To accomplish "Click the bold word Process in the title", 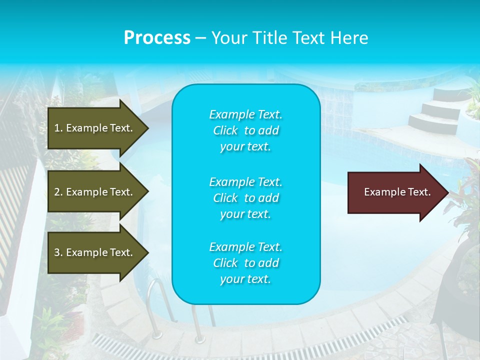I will click(x=157, y=38).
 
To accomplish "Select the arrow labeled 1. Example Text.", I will click(x=95, y=128).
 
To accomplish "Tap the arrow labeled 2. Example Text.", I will click(x=95, y=192).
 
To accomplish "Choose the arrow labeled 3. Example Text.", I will click(x=95, y=252).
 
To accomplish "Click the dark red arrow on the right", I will click(x=395, y=192).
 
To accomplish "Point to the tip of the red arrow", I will click(x=446, y=192).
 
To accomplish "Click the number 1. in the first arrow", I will click(x=58, y=128).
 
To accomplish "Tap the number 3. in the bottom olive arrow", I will click(x=58, y=252).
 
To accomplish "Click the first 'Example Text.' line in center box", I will click(x=245, y=114).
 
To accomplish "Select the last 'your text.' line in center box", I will click(x=245, y=279).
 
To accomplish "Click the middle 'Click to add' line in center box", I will click(x=245, y=198).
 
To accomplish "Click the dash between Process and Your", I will click(x=200, y=38).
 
